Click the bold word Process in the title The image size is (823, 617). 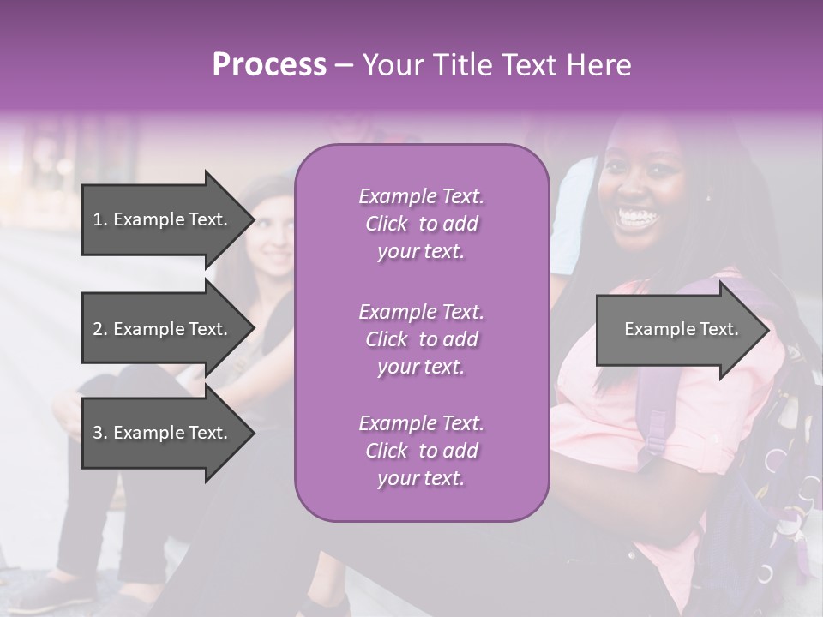coord(269,65)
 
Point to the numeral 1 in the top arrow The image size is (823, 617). coord(97,219)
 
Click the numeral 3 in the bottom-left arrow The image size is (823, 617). coord(98,433)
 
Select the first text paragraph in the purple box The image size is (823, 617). coord(421,224)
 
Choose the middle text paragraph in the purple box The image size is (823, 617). coord(421,339)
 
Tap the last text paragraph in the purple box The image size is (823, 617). coord(421,451)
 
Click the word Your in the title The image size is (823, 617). coord(392,65)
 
